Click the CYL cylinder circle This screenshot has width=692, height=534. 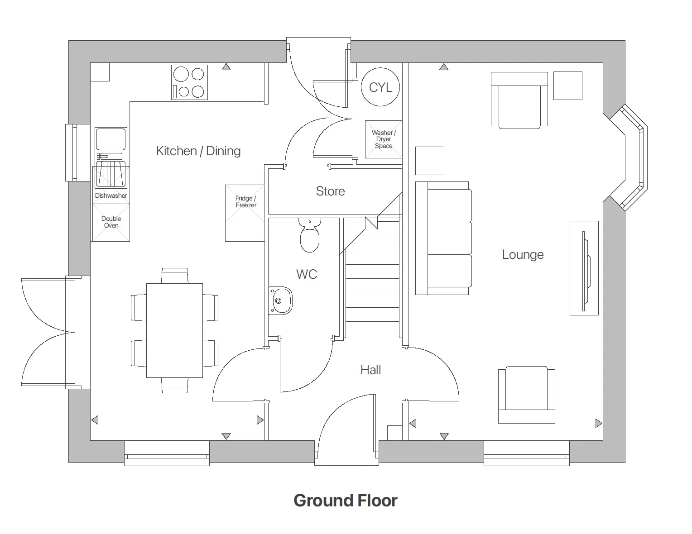(x=380, y=87)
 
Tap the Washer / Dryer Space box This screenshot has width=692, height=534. (x=384, y=139)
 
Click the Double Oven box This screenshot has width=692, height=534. (x=111, y=222)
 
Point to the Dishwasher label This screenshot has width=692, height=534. (x=111, y=195)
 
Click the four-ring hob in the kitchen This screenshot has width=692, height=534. (x=190, y=82)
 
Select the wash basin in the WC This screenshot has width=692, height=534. (x=280, y=300)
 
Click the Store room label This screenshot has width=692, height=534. (x=330, y=191)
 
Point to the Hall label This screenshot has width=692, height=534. (x=370, y=370)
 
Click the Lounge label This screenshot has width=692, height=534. (x=523, y=255)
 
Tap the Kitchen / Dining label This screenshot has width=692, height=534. (x=198, y=151)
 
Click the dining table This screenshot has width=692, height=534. (x=174, y=330)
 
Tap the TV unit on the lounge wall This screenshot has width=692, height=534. (x=584, y=268)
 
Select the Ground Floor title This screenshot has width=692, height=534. (x=346, y=501)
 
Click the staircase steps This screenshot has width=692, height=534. (x=373, y=294)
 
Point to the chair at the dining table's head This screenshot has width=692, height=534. (x=175, y=275)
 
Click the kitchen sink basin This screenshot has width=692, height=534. (x=111, y=139)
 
